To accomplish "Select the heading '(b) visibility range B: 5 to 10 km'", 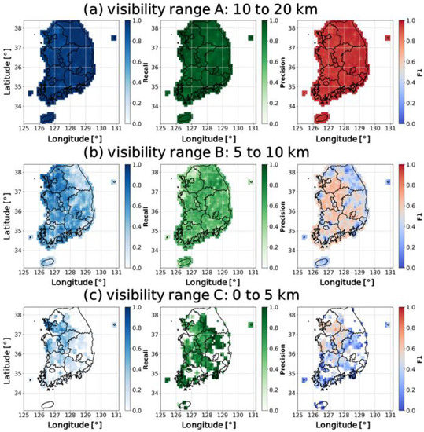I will pos(212,152).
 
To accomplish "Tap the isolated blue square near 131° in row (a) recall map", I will pos(114,38).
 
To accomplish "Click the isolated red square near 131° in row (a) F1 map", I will pos(387,38).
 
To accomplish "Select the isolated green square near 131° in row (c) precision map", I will pos(250,324).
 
